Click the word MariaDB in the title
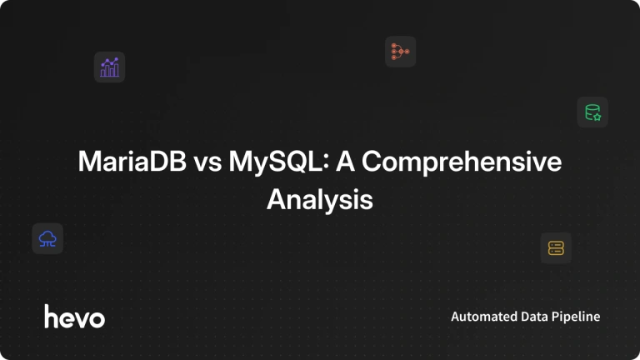(x=132, y=161)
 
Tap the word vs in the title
(x=207, y=163)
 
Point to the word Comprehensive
(x=462, y=162)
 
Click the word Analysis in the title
(x=320, y=200)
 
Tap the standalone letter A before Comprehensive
(x=345, y=161)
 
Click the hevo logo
(x=75, y=317)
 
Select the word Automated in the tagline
(x=478, y=317)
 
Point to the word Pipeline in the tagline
(x=576, y=317)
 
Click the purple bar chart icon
(x=109, y=67)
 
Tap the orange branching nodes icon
(x=400, y=52)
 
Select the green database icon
(x=592, y=112)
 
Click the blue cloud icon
(x=47, y=239)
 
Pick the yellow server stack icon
(x=556, y=248)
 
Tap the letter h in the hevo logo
(x=51, y=317)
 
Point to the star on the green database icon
(x=597, y=117)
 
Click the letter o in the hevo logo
(x=97, y=319)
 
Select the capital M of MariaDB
(x=89, y=161)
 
